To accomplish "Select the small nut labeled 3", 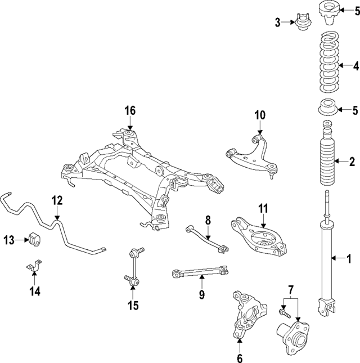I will [x=301, y=24].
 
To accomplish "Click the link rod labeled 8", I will [x=206, y=236].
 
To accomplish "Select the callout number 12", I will [x=57, y=200].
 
